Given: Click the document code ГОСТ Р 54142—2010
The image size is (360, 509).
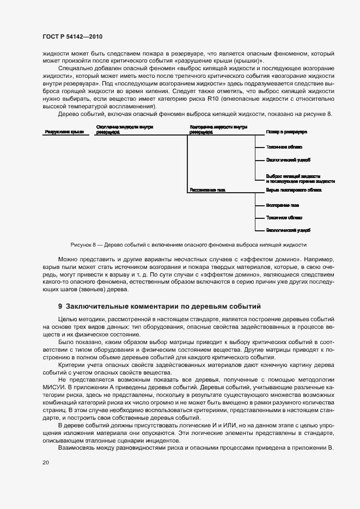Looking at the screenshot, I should (72, 36).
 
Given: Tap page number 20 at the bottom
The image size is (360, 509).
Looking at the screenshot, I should (46, 462).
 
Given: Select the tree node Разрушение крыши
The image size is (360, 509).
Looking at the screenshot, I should (60, 132).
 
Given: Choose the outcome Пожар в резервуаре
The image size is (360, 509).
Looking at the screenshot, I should (286, 132).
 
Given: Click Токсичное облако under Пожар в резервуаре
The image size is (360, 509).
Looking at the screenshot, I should (281, 147).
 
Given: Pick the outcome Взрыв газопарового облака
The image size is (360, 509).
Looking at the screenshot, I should (294, 191).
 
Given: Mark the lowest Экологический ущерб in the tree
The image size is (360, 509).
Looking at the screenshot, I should (289, 230).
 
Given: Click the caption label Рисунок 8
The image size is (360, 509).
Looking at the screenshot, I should (83, 245).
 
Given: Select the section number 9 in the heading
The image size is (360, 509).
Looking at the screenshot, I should (60, 306).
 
